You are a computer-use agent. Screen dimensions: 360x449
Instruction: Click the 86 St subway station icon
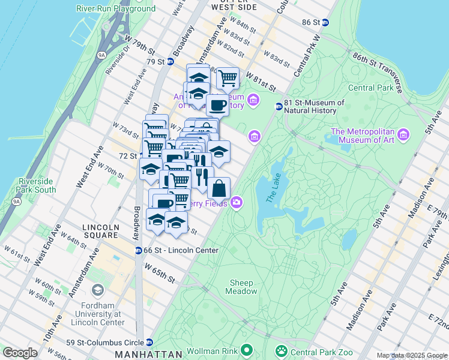click(325, 22)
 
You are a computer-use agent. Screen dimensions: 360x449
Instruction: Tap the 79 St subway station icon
click(170, 61)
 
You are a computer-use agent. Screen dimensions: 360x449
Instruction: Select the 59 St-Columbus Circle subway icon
click(150, 342)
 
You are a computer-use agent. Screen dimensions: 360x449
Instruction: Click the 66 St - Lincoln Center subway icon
click(139, 250)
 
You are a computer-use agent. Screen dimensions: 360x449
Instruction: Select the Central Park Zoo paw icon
click(280, 350)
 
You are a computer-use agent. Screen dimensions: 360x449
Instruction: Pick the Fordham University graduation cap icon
click(97, 291)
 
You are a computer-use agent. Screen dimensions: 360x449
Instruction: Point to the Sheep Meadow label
click(241, 287)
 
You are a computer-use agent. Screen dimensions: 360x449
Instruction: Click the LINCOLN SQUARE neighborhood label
click(101, 231)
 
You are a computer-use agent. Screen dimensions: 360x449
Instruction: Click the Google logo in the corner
click(20, 353)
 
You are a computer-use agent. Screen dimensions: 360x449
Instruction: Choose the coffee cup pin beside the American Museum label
click(217, 105)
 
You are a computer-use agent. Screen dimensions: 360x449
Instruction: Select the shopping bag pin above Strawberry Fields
click(219, 187)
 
